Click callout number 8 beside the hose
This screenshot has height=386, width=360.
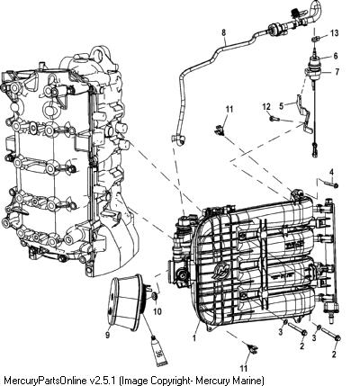coord(224,32)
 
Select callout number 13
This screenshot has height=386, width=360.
coord(335,33)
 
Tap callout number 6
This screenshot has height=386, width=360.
coord(336,56)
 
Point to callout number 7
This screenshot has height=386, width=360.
coord(337,72)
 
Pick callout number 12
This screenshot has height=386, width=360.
coord(266,107)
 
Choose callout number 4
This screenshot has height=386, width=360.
coord(331,172)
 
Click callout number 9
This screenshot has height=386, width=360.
coord(108,335)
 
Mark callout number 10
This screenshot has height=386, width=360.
coord(157,312)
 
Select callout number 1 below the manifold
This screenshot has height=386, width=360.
coord(194,338)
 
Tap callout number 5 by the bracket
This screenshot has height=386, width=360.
coord(281,106)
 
